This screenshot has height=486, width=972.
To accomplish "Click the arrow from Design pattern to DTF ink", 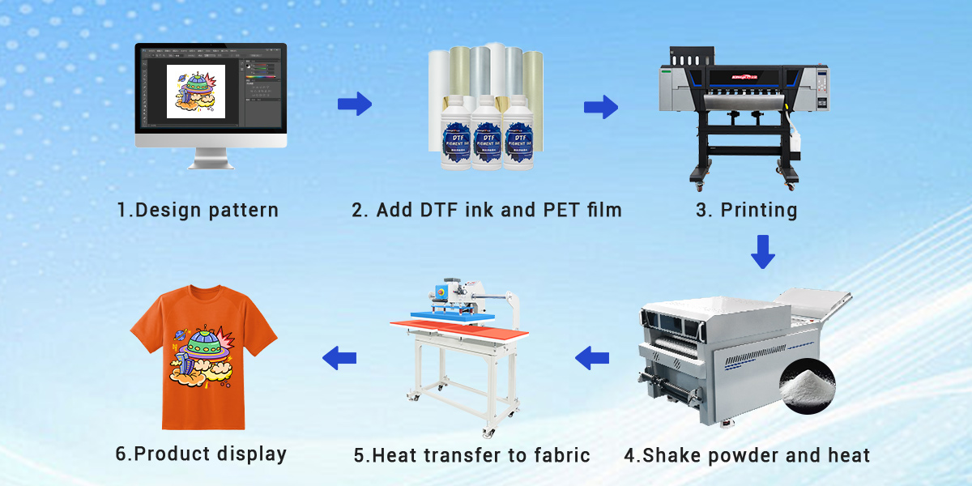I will (x=354, y=104).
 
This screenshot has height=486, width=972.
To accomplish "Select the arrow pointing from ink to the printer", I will (x=601, y=107).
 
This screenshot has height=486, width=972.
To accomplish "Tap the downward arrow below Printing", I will (x=762, y=251).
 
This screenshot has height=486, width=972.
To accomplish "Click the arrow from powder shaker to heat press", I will (x=592, y=356).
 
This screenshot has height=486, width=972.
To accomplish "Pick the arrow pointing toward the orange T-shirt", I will (x=339, y=356).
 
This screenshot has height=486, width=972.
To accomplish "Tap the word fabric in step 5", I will (x=560, y=454).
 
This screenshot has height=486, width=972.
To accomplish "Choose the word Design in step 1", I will (x=161, y=211).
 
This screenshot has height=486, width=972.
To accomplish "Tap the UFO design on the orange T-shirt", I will (x=202, y=356).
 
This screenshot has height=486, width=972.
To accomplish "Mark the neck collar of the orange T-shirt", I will (x=204, y=292).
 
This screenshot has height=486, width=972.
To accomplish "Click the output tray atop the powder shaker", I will (x=814, y=304).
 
